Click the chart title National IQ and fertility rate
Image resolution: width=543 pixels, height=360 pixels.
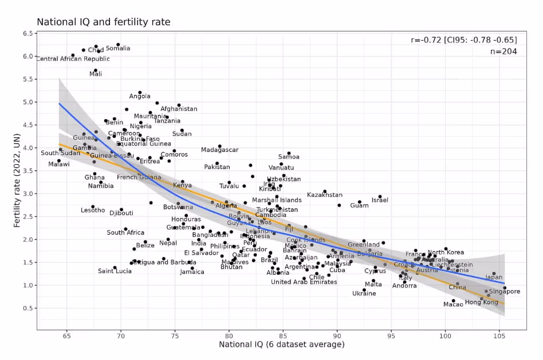click(103, 22)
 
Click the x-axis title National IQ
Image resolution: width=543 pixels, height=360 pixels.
click(281, 344)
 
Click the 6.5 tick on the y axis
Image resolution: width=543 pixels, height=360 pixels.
click(27, 34)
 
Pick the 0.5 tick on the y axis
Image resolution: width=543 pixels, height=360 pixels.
click(27, 308)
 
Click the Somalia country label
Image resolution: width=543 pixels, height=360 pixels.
click(118, 48)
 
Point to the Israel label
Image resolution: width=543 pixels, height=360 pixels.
click(380, 200)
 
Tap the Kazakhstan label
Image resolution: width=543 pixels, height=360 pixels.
click(325, 195)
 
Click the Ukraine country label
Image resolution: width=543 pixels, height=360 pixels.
click(364, 294)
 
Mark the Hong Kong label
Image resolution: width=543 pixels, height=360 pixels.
click(481, 302)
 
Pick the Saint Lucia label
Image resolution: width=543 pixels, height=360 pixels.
click(115, 271)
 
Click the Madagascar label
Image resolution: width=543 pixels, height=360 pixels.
click(219, 150)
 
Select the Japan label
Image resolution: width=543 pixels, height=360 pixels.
click(494, 278)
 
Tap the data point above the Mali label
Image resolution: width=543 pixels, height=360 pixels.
click(96, 70)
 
